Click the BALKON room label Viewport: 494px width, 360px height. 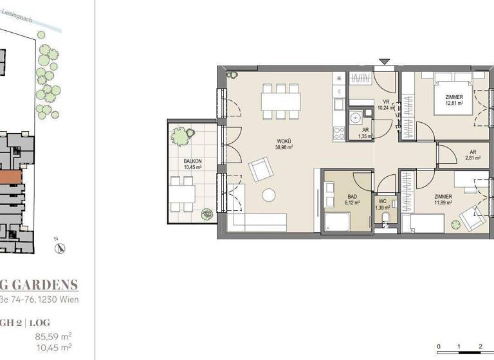click(x=192, y=163)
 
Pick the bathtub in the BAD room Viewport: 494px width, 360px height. click(x=337, y=223)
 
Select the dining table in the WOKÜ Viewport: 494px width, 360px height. click(x=281, y=101)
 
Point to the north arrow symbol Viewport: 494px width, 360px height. click(x=57, y=246)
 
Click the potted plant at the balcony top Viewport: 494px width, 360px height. click(x=179, y=136)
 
